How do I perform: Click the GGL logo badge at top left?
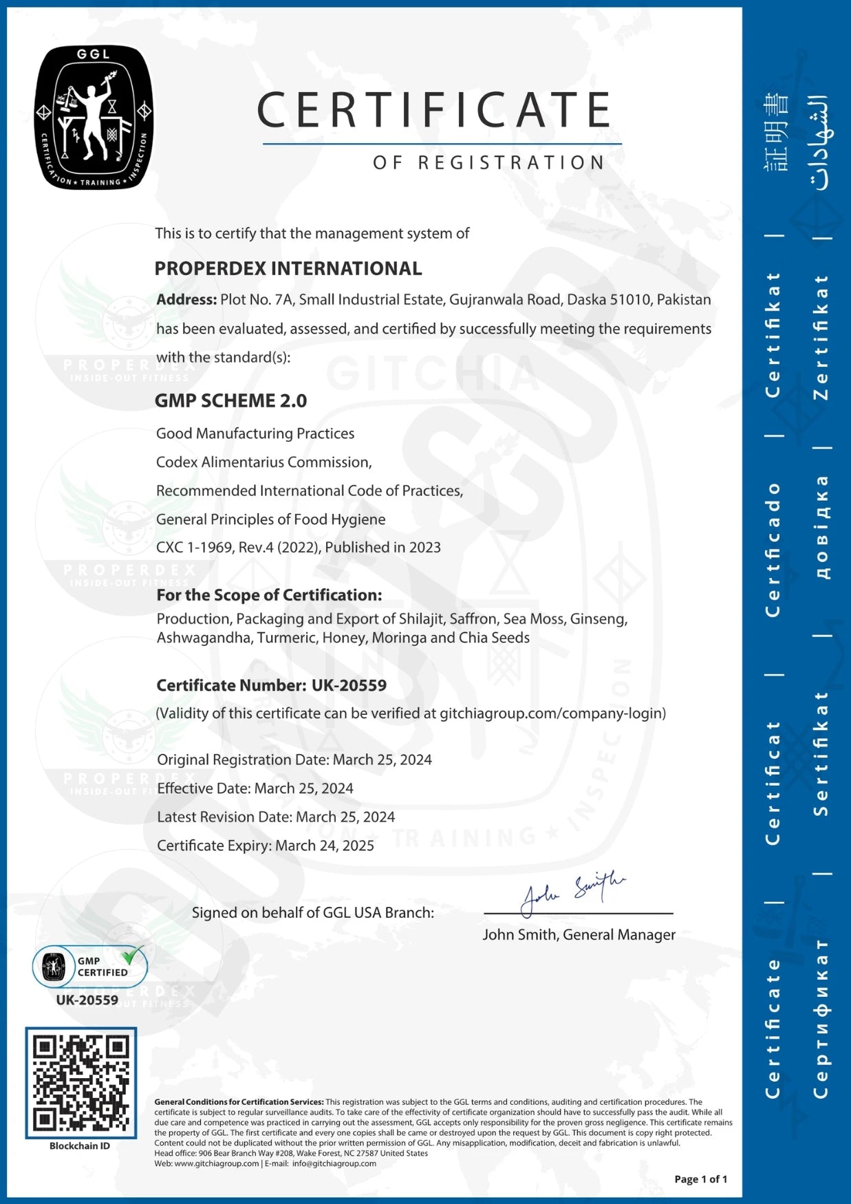[x=94, y=118]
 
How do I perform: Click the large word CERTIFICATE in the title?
[x=434, y=110]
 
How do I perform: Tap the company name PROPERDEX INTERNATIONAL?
[x=288, y=268]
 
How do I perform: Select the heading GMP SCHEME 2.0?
[x=230, y=400]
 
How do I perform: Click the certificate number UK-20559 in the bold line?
[x=349, y=685]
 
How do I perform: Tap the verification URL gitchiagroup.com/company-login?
[x=552, y=713]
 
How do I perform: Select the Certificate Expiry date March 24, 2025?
[x=325, y=846]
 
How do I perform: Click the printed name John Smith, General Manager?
[x=579, y=934]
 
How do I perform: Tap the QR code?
[x=81, y=1082]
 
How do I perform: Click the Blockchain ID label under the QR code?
[x=80, y=1146]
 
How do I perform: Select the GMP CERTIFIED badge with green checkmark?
[x=90, y=966]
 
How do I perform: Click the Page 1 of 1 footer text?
[x=700, y=1179]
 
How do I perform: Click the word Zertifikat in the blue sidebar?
[x=821, y=337]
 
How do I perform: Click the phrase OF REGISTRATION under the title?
[x=489, y=162]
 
